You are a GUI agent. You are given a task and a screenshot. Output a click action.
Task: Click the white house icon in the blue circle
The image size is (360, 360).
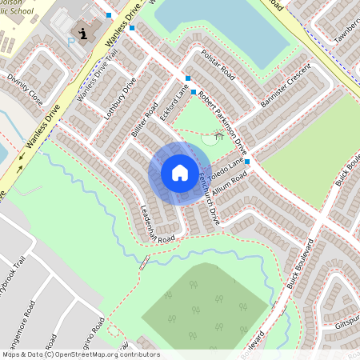click(179, 173)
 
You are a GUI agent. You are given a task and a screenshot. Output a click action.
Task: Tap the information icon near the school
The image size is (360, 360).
click(84, 34)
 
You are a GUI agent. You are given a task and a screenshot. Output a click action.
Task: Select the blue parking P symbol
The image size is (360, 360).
click(70, 42)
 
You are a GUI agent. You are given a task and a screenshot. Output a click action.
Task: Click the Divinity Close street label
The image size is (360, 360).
click(25, 90)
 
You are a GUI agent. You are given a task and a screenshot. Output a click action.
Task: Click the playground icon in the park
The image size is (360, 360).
click(218, 136)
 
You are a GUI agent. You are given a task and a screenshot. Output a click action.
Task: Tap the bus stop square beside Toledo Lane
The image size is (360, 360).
click(248, 162)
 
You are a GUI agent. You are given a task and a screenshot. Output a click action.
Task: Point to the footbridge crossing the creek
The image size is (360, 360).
click(145, 262)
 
